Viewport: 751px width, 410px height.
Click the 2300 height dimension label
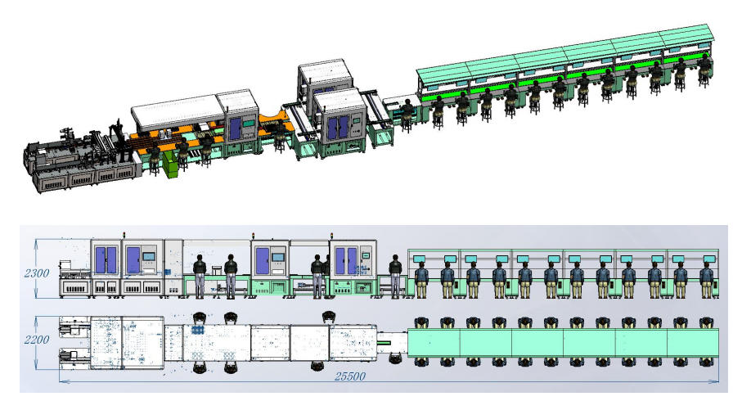coord(37,273)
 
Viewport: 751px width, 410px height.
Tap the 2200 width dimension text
coord(37,340)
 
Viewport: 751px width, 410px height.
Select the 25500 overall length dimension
coord(349,376)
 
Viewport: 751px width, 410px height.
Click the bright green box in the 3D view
coord(169,164)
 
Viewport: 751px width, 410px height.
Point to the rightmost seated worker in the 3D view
coord(704,70)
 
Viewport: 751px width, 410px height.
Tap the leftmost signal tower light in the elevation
coord(124,235)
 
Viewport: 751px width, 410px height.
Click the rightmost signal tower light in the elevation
coord(331,236)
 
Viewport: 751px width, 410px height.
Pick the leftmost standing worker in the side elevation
coord(200,277)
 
